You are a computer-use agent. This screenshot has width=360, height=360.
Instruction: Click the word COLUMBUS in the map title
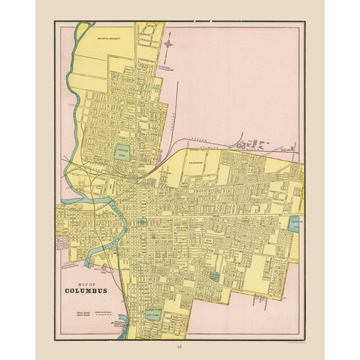point(84,291)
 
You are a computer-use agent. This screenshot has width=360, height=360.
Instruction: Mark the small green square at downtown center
point(142,222)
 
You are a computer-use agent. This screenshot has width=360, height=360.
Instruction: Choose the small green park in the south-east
point(214,275)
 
